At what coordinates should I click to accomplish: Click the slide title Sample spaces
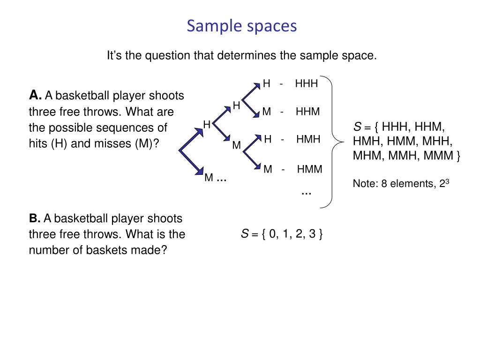[x=241, y=26]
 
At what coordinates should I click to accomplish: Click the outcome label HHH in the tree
[x=307, y=83]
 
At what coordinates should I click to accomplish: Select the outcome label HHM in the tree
[x=307, y=112]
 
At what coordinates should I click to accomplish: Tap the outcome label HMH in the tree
[x=308, y=139]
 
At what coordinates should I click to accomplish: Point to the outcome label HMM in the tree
[x=309, y=169]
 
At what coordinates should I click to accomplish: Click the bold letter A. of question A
[x=35, y=96]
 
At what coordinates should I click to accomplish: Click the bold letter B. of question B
[x=35, y=218]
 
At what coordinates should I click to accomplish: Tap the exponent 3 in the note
[x=448, y=181]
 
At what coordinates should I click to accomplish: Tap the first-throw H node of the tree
[x=207, y=124]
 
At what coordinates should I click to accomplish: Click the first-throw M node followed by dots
[x=209, y=178]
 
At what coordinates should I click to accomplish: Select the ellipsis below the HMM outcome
[x=306, y=193]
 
